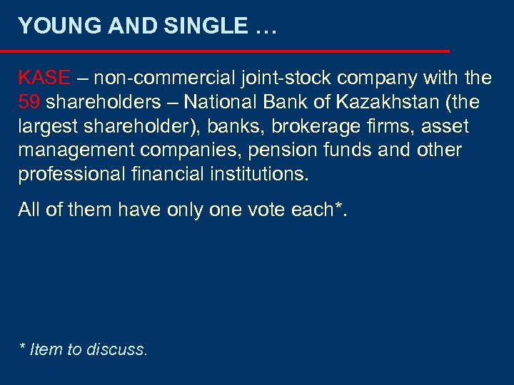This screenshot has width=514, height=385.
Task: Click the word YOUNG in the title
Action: [52, 26]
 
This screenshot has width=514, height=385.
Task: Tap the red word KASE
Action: [44, 77]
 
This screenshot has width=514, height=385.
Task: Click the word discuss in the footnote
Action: [116, 349]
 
